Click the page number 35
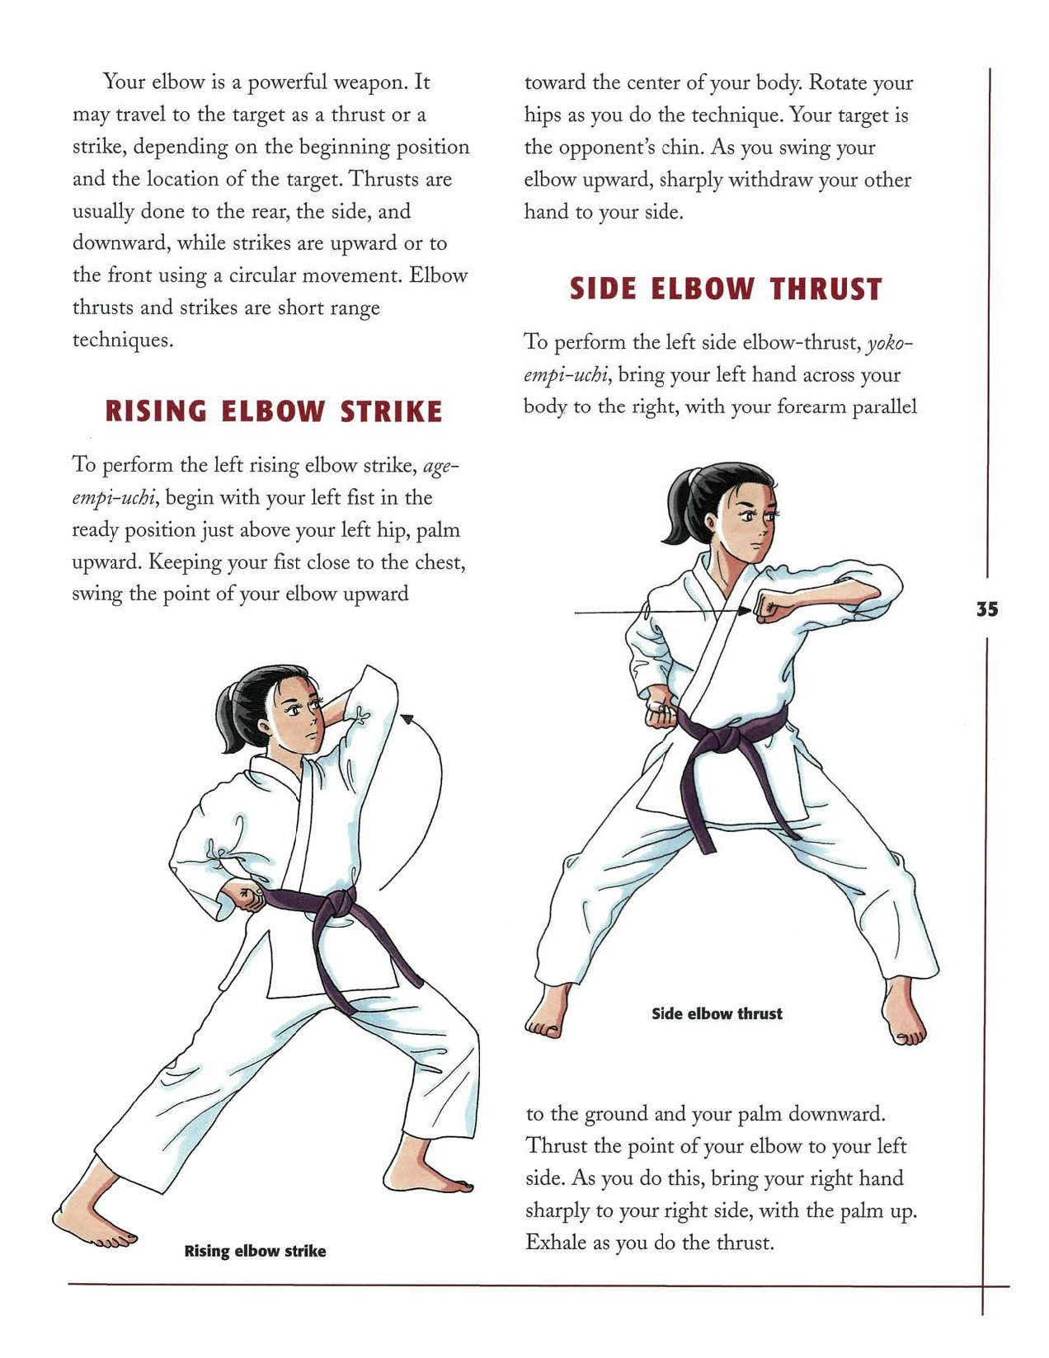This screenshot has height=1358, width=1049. tap(987, 609)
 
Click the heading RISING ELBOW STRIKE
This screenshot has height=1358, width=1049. tap(274, 411)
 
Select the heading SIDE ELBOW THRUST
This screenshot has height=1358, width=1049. tap(726, 289)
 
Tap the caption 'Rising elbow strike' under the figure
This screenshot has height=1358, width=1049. tap(255, 1251)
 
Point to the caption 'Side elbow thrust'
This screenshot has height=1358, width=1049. tap(717, 1013)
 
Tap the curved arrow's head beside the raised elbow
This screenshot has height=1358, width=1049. tap(406, 720)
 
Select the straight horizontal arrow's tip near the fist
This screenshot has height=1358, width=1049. tap(746, 612)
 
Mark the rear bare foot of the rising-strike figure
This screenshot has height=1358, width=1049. tap(91, 1220)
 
